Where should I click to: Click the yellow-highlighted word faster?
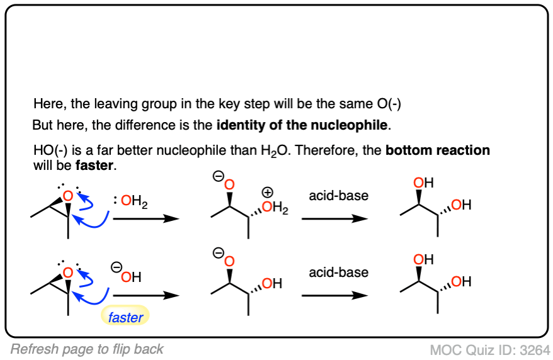pyautogui.click(x=125, y=318)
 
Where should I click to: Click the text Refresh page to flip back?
pyautogui.click(x=87, y=349)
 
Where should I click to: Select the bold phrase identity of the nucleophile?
pyautogui.click(x=302, y=125)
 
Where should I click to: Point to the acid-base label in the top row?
pyautogui.click(x=338, y=196)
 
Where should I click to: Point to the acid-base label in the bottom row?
pyautogui.click(x=338, y=273)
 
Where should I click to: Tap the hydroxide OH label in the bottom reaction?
pyautogui.click(x=131, y=277)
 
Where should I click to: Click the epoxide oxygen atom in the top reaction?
pyautogui.click(x=68, y=198)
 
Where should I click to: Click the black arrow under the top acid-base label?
pyautogui.click(x=334, y=218)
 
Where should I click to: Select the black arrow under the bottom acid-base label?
pyautogui.click(x=334, y=295)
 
